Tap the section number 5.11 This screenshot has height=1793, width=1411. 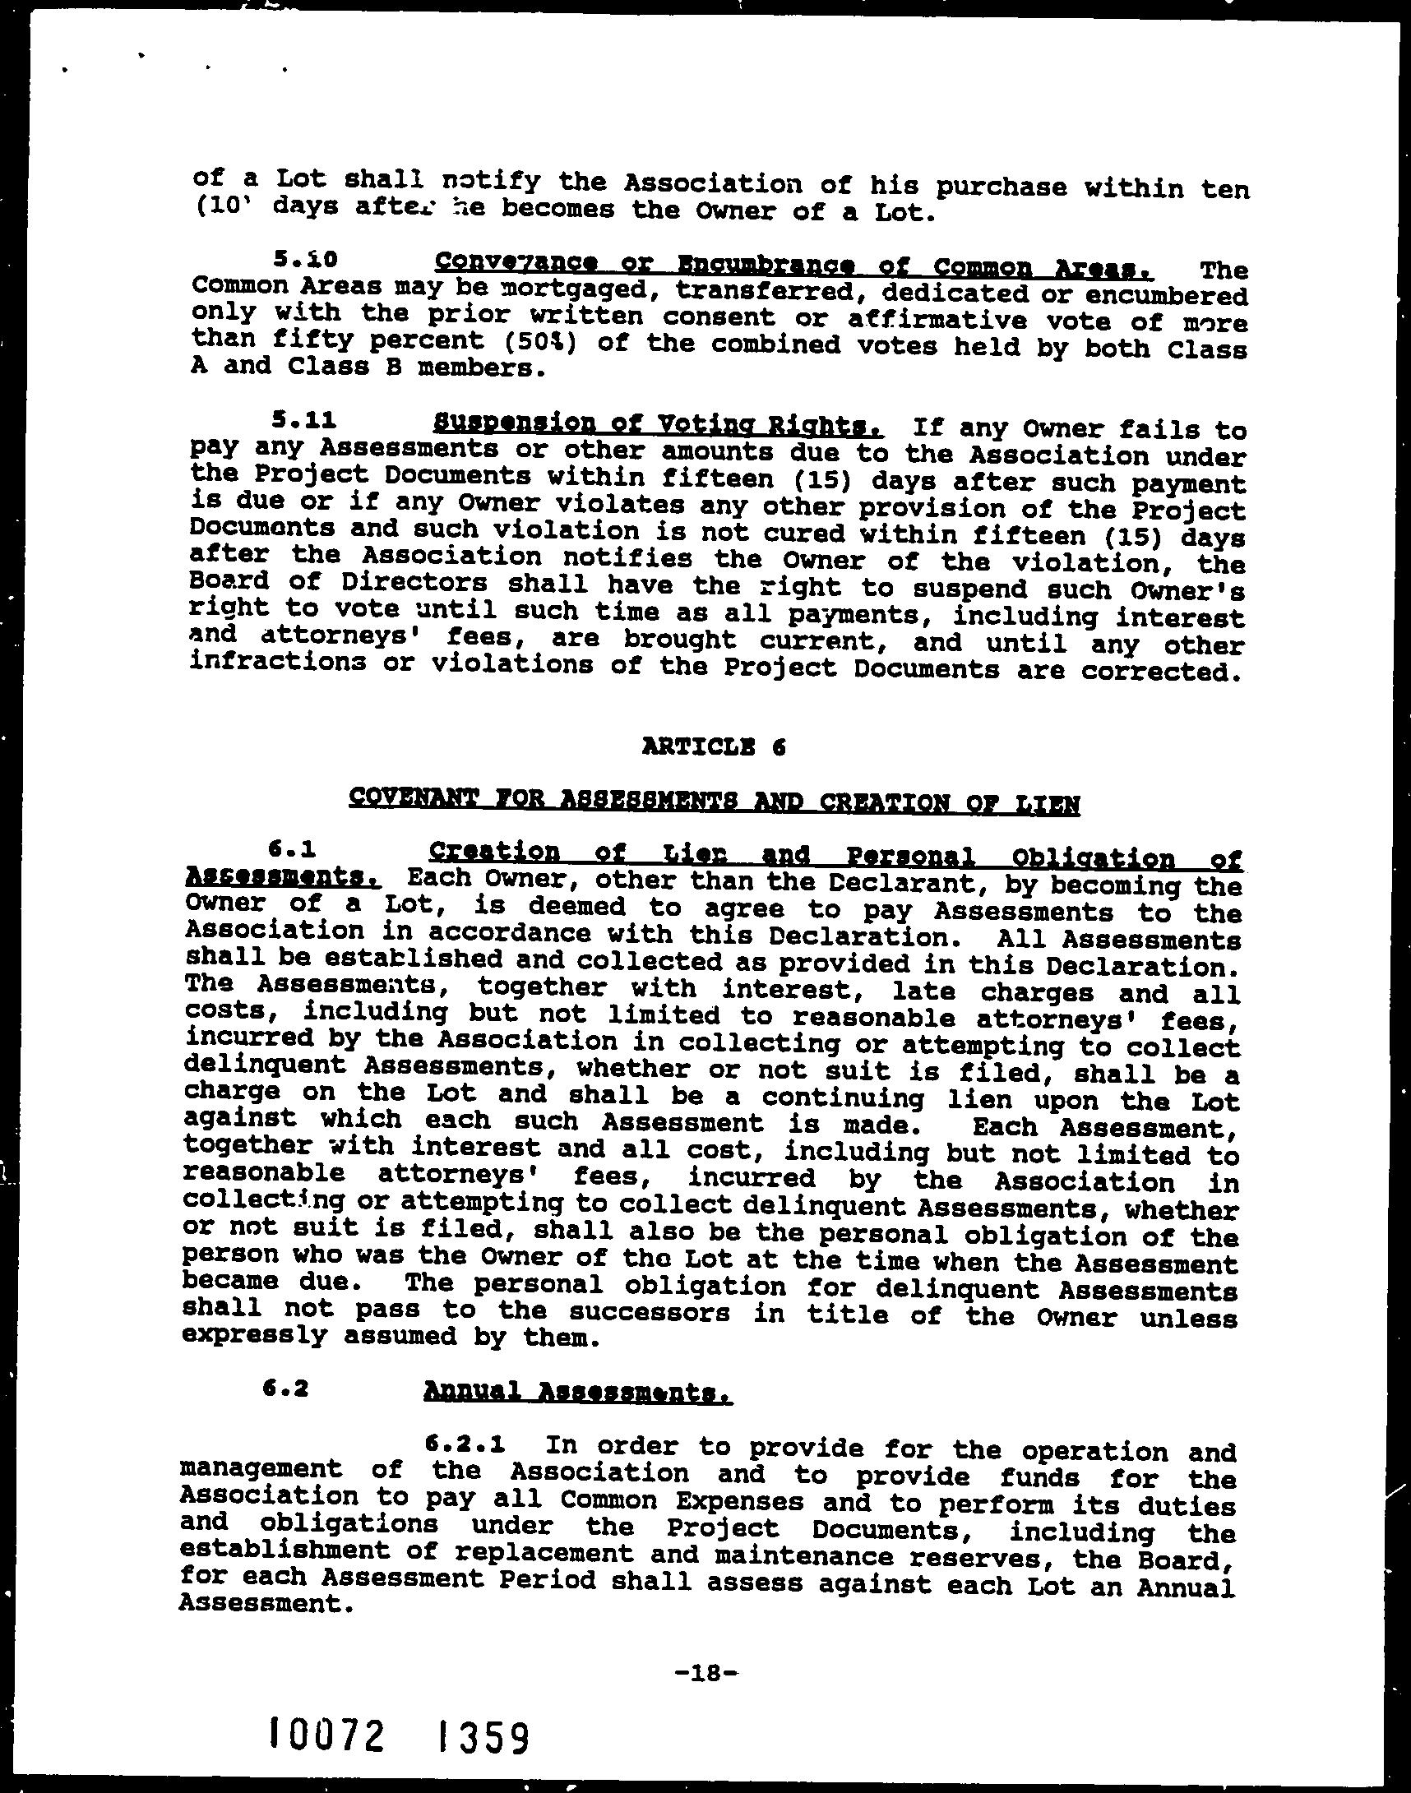point(304,421)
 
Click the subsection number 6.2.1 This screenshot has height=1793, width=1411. point(465,1444)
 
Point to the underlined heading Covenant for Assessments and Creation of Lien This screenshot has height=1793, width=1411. point(714,800)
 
